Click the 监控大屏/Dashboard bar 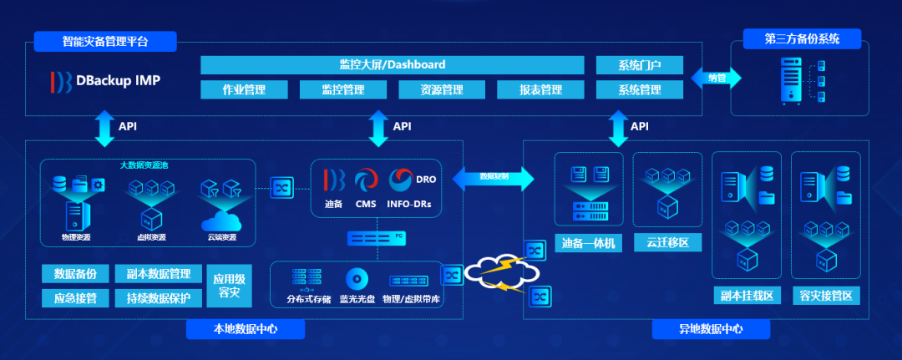(x=393, y=64)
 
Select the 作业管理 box (x=244, y=89)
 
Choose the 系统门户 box (x=640, y=65)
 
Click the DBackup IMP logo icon (x=61, y=81)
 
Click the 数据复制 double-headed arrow (x=493, y=176)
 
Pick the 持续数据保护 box (x=158, y=298)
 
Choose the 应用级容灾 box (x=229, y=286)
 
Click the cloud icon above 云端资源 (x=220, y=221)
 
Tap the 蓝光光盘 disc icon (x=357, y=278)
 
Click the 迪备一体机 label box (x=589, y=243)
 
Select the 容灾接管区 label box (x=825, y=296)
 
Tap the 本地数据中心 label (x=245, y=329)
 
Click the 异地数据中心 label (x=711, y=329)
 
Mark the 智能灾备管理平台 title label (x=105, y=41)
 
